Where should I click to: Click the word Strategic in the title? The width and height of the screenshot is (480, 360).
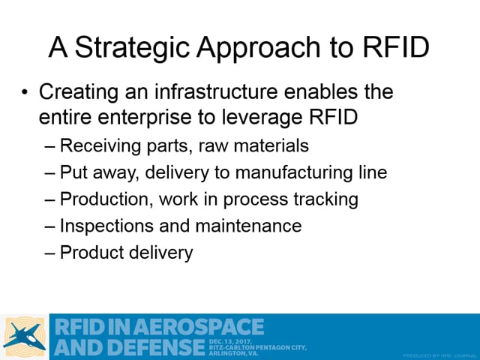pos(132,47)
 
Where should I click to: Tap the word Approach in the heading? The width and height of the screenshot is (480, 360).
pos(259,48)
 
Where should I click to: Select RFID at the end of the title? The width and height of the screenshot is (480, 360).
pos(396,46)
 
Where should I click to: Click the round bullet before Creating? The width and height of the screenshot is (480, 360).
pos(25,91)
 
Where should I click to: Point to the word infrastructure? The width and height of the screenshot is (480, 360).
pos(216,91)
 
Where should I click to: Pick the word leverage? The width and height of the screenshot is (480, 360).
pos(262,118)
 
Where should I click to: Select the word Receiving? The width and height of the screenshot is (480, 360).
pos(100,145)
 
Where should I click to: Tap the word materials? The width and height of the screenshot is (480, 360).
pos(271,145)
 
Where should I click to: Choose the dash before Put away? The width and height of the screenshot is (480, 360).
pos(50,173)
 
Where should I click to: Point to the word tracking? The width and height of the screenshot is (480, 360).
pos(326,199)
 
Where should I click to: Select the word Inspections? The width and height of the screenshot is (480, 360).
pos(106,226)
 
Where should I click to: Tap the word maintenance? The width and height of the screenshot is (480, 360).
pos(248,226)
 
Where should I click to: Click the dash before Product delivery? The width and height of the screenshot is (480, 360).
pos(50,253)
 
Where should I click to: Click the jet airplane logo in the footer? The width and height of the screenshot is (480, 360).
pos(25,337)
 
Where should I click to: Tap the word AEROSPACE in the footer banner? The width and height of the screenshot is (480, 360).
pos(198,326)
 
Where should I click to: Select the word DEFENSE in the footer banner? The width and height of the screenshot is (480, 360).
pos(156,347)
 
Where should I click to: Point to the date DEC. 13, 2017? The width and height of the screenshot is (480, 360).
pos(230,342)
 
